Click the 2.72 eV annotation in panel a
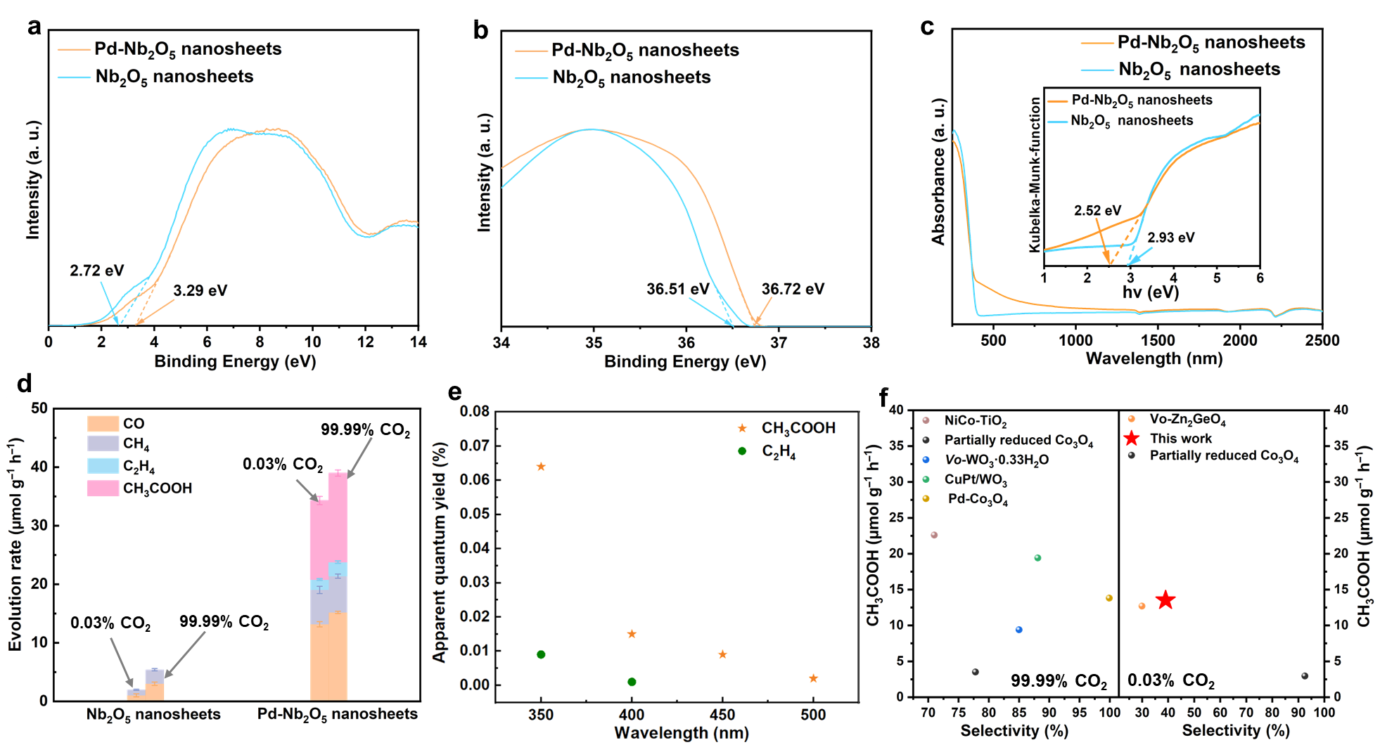[96, 271]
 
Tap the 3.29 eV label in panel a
[200, 290]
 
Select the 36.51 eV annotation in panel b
[677, 289]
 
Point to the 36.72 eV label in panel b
[793, 289]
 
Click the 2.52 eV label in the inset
[1097, 210]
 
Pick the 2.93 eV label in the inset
[1170, 238]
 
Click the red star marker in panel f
[1166, 600]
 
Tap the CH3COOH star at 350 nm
[541, 467]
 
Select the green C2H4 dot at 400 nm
[632, 682]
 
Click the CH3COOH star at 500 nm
[813, 678]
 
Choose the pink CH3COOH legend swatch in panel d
[103, 488]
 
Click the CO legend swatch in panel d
[103, 423]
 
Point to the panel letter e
[455, 391]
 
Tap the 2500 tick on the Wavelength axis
[1322, 341]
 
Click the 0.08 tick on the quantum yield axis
[474, 411]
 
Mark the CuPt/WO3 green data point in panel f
[1037, 558]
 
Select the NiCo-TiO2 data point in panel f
[934, 535]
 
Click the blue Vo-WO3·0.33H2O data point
[1018, 630]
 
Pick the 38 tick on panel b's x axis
[871, 342]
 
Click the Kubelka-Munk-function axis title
[1035, 174]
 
